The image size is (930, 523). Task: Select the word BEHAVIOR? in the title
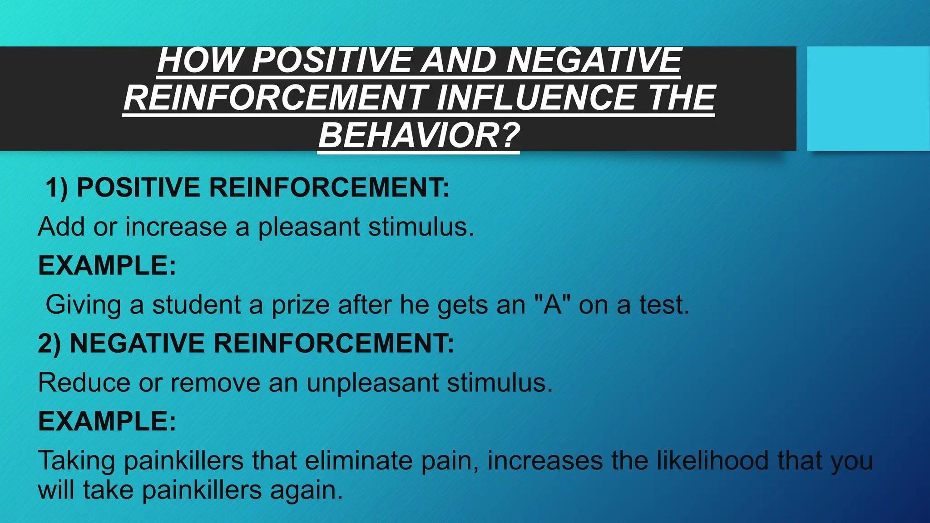(x=419, y=136)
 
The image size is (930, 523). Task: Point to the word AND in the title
(x=458, y=60)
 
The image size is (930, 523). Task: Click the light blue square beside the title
(x=868, y=98)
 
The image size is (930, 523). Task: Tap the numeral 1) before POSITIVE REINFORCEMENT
(x=57, y=188)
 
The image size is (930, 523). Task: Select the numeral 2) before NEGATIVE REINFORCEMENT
(x=49, y=344)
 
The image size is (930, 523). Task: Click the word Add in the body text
(x=61, y=227)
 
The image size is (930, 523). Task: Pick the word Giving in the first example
(x=83, y=305)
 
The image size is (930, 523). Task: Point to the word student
(x=196, y=305)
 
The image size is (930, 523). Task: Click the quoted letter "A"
(x=552, y=304)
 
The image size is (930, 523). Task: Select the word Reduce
(x=84, y=383)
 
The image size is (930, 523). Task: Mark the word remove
(x=215, y=383)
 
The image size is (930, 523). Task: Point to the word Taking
(x=76, y=461)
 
